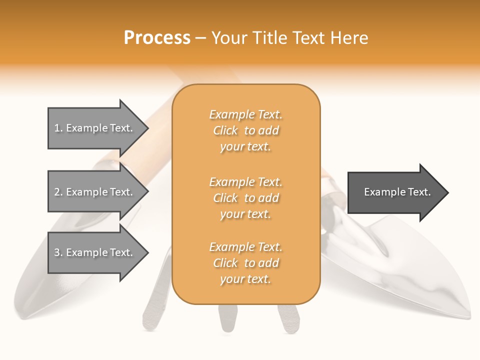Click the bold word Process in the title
click(x=157, y=38)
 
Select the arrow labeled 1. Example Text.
click(x=95, y=128)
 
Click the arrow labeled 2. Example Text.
click(x=95, y=192)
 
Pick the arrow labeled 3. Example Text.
click(x=95, y=252)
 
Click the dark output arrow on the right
click(x=395, y=192)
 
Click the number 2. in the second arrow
click(x=58, y=192)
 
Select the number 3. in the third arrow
click(x=58, y=252)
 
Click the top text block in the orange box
click(x=246, y=130)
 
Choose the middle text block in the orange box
click(x=246, y=198)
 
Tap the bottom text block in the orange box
click(x=246, y=263)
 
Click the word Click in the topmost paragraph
click(x=225, y=130)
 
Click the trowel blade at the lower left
click(x=55, y=280)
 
